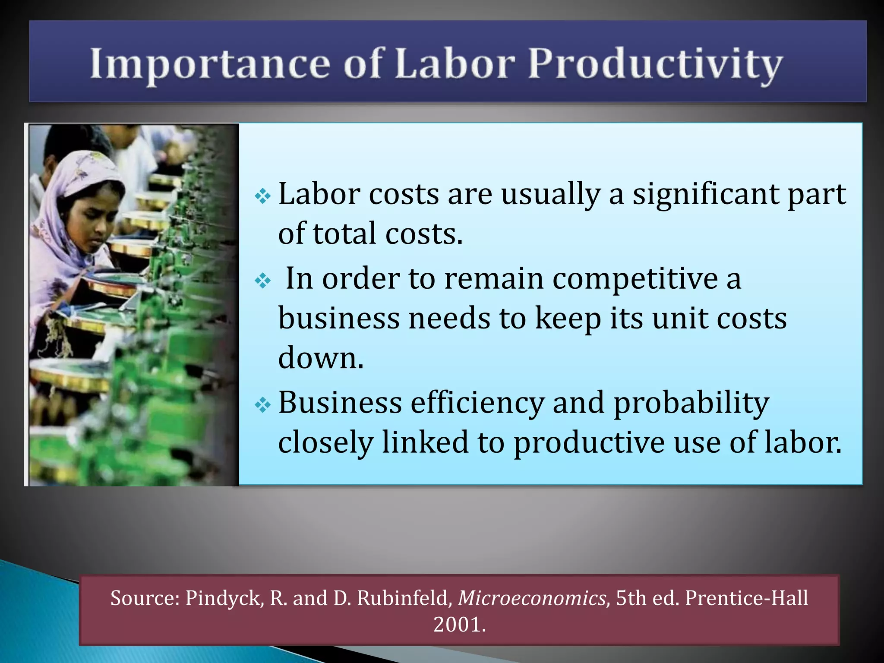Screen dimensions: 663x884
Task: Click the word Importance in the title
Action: pos(210,64)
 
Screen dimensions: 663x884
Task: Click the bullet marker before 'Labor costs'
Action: pos(262,197)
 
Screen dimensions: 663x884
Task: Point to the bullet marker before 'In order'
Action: pos(262,281)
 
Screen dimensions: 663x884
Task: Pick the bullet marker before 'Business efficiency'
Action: pos(262,405)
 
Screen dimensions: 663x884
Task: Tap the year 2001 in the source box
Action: pos(459,625)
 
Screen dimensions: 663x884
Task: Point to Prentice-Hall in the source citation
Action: pos(746,598)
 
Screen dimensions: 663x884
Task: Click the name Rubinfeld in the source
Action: pos(405,598)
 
